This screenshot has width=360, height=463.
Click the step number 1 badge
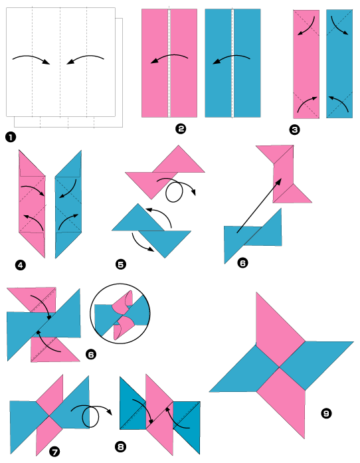click(x=10, y=138)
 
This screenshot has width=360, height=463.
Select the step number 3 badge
click(x=295, y=130)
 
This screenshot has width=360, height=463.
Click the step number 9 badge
click(x=326, y=414)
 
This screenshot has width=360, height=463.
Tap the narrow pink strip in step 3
click(x=306, y=64)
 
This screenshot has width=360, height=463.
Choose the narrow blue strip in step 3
click(x=339, y=64)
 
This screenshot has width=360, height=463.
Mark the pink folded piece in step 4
click(x=32, y=203)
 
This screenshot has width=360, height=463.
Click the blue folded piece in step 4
click(x=68, y=203)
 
